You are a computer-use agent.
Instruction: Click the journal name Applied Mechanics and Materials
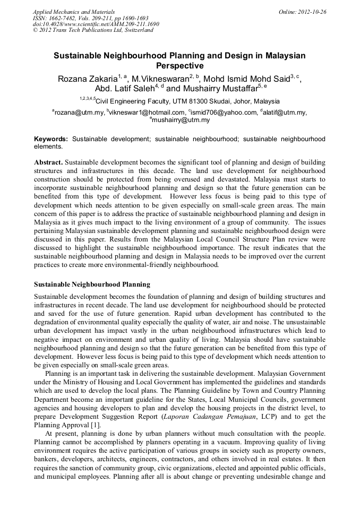pyautogui.click(x=74, y=11)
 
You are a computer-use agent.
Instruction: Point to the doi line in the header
pyautogui.click(x=96, y=24)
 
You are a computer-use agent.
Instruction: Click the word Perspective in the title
pyautogui.click(x=179, y=66)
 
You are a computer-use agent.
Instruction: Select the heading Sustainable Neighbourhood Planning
pyautogui.click(x=92, y=284)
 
